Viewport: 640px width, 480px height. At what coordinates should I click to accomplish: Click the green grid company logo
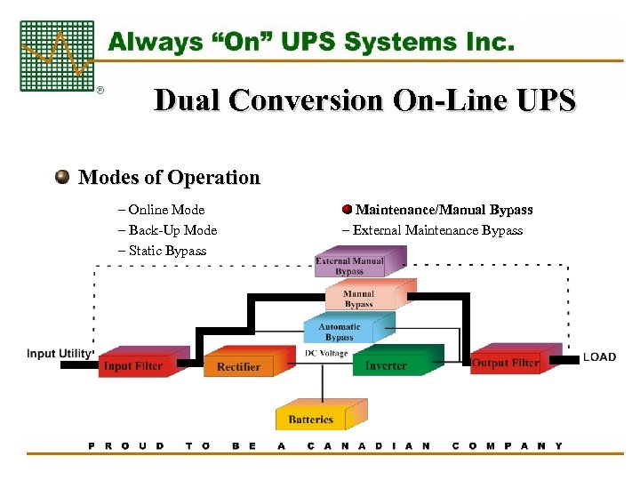pos(56,56)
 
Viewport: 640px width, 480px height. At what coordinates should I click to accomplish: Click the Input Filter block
pos(132,365)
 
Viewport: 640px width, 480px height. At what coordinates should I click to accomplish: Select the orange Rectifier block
pos(238,365)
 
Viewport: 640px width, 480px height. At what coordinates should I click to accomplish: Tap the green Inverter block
pos(387,364)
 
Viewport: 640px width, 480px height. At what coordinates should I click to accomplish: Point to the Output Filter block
pos(505,363)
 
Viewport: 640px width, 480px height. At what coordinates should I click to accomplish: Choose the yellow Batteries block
pos(311,418)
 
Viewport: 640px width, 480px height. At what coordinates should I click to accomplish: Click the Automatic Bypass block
pos(340,332)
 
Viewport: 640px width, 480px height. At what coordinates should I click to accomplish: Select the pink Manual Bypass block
pos(359,299)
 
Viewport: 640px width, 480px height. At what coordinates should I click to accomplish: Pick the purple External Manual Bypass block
pos(349,266)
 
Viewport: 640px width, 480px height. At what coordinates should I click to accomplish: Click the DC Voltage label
pos(326,354)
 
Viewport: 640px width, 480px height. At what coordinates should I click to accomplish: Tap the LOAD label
pos(599,357)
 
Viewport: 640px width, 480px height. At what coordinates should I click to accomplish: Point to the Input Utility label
pos(60,354)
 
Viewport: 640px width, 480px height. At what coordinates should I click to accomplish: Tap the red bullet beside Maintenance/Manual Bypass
pos(347,210)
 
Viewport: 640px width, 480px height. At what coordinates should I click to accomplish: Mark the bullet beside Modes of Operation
pos(62,177)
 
